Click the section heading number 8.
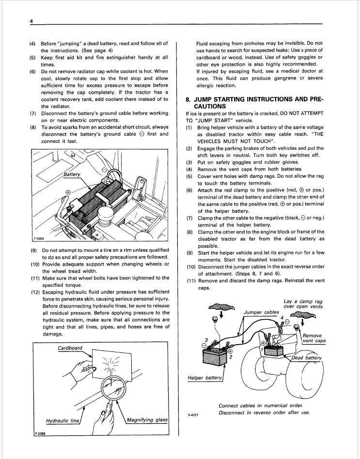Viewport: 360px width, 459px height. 188,99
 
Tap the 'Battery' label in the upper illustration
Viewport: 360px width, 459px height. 72,174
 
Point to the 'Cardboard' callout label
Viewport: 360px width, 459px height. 70,348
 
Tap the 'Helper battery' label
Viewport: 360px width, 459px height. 204,378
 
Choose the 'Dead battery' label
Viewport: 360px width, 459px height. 306,358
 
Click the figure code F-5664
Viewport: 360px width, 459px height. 39,238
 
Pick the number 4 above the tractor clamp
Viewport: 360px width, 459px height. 282,317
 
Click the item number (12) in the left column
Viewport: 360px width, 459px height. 35,292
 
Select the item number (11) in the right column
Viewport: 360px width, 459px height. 191,281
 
